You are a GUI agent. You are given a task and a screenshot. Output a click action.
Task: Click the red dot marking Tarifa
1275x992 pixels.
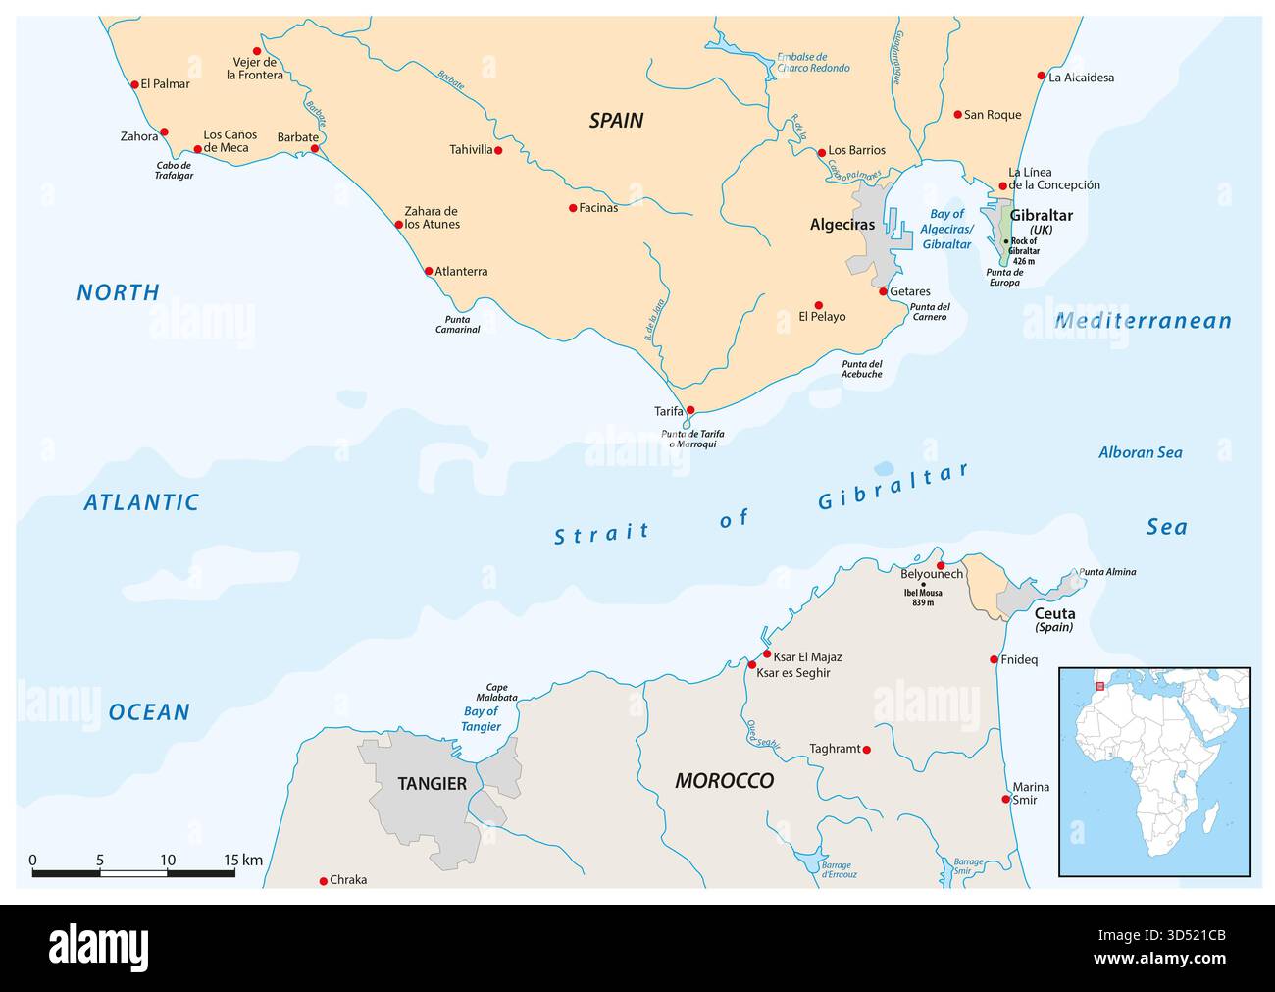click(690, 410)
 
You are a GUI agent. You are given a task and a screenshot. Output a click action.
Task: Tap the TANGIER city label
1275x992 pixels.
click(432, 784)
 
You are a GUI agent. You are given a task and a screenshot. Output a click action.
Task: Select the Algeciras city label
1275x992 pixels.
click(841, 225)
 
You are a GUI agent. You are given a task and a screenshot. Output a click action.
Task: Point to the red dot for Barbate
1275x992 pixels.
click(315, 149)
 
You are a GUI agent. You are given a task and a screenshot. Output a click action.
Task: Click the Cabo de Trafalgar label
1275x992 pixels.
click(175, 170)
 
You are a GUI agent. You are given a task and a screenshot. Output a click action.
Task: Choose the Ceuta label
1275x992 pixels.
click(1054, 613)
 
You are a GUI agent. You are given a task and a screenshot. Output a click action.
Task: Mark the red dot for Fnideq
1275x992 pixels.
click(994, 659)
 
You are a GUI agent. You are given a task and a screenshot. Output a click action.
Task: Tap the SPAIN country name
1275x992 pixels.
click(616, 121)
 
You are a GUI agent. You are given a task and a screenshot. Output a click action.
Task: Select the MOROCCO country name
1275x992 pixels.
click(724, 781)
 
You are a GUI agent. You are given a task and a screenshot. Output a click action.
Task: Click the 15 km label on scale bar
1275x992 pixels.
click(242, 861)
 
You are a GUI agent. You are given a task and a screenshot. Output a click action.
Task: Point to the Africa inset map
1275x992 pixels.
click(1154, 771)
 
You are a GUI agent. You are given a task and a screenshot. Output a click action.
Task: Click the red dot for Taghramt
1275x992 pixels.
click(865, 750)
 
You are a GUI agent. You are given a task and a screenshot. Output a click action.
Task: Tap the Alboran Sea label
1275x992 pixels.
click(1140, 452)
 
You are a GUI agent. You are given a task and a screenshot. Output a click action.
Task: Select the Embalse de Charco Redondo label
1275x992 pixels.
click(813, 63)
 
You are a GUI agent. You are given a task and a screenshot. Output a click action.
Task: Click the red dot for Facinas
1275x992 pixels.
click(573, 208)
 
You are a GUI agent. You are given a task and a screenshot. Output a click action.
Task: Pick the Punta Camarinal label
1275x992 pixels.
click(457, 325)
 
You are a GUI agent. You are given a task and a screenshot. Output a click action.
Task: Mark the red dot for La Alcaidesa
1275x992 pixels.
click(1042, 76)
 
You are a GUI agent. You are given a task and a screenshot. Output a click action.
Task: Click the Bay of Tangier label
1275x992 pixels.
click(481, 719)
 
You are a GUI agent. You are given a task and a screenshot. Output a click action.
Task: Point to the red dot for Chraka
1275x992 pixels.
click(324, 880)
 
